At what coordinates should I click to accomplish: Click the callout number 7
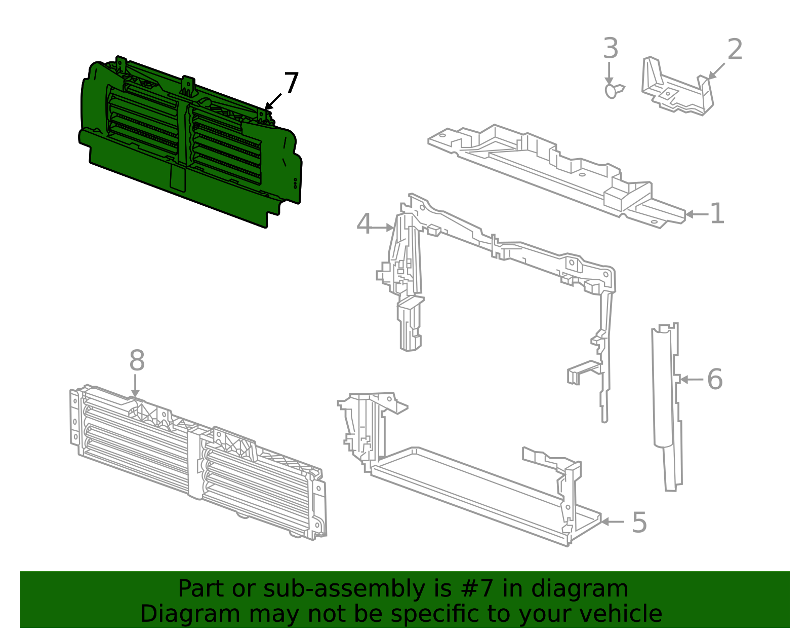(x=291, y=84)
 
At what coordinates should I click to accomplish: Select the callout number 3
(x=611, y=49)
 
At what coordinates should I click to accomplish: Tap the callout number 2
(x=735, y=50)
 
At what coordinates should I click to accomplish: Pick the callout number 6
(x=714, y=379)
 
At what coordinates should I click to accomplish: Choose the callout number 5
(x=639, y=523)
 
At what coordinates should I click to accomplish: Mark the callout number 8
(x=137, y=361)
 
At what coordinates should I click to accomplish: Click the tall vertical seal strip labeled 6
(x=666, y=405)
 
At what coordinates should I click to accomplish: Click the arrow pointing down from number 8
(x=135, y=386)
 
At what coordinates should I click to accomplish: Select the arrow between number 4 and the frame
(x=383, y=228)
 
